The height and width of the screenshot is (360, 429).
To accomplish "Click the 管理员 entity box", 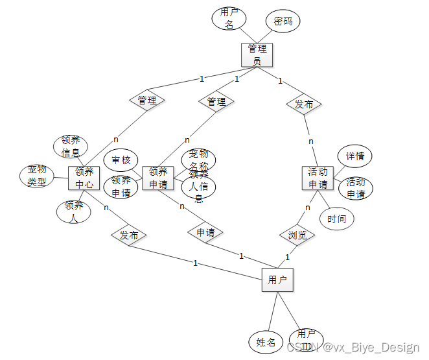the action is point(257,54).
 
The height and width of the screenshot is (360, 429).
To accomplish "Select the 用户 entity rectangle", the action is point(277,280).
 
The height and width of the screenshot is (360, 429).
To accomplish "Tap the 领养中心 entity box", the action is point(84,178).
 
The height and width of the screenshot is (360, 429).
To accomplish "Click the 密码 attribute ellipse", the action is point(283,21).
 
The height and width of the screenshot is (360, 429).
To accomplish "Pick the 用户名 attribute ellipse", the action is point(228,18).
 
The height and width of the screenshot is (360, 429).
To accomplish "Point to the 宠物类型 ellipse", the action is point(36,176).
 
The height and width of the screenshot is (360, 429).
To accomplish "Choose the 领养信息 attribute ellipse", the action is point(71,147).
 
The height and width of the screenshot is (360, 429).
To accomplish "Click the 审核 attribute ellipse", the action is point(121,160).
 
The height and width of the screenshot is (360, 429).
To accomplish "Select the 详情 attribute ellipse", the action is point(354,156).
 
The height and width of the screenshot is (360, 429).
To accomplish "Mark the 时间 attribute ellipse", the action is point(337,219).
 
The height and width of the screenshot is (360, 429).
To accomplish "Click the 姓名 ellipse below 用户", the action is point(266,342).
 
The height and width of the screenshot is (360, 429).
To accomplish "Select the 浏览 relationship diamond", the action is point(297,235).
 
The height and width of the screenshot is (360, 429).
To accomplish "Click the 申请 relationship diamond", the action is point(205,232).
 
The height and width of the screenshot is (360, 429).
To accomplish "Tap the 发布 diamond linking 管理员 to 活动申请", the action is point(304,104).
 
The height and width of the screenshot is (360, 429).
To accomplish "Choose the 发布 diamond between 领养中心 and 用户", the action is point(129,235).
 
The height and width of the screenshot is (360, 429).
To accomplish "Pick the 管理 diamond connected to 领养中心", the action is point(147,101).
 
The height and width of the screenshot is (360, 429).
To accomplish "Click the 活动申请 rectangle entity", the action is point(318,178).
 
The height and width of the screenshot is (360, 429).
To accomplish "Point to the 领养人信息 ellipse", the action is point(199,186).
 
